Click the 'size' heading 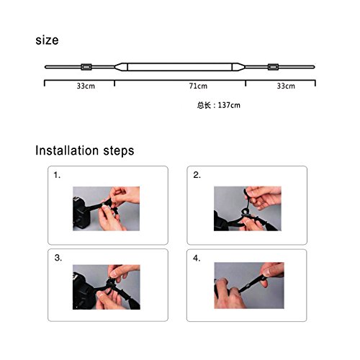47,40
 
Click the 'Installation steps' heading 85,150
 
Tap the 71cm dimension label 198,86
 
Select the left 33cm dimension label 86,86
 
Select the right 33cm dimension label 286,86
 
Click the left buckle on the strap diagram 86,67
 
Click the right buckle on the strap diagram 273,67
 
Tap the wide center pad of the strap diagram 179,67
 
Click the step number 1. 57,175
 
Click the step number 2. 197,175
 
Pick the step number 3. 58,258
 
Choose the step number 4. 197,258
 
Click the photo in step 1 107,209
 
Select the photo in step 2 248,209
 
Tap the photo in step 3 107,287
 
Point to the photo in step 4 249,285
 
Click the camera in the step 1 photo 81,214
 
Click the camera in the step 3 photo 83,290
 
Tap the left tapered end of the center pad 121,67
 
